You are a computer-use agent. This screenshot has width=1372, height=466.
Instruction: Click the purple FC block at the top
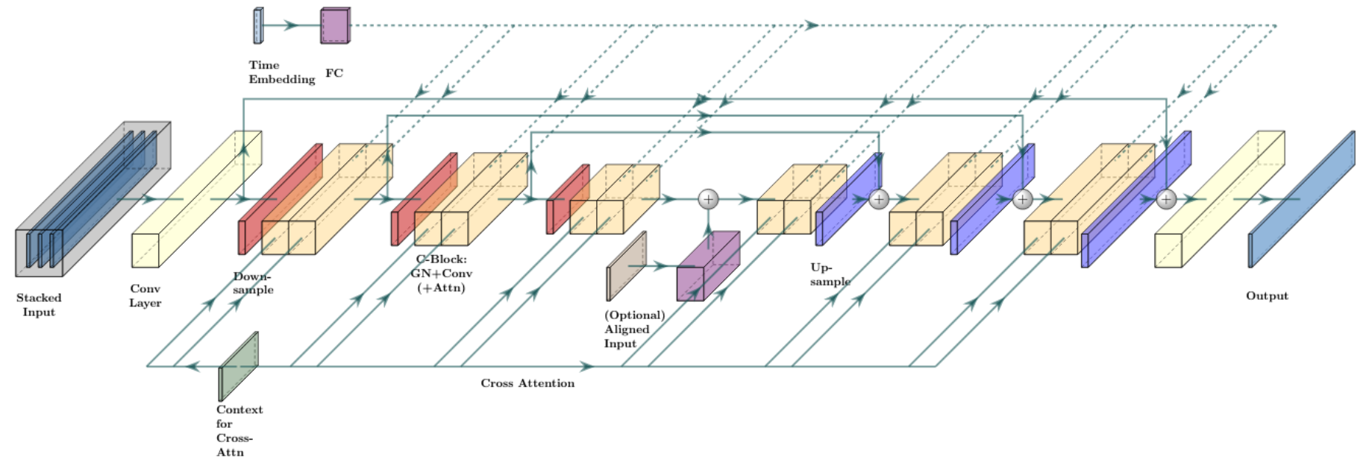[x=335, y=26]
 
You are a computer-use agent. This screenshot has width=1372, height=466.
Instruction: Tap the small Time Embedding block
[x=258, y=26]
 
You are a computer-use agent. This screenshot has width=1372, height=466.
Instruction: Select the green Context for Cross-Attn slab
[x=238, y=367]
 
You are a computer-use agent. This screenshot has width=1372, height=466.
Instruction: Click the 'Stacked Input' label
[x=39, y=305]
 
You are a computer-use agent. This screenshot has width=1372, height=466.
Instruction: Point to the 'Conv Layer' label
[x=145, y=296]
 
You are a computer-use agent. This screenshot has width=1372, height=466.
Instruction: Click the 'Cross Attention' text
[x=527, y=383]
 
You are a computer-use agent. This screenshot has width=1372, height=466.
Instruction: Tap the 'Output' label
[x=1267, y=296]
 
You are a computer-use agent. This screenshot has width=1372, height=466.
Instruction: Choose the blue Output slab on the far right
[x=1301, y=199]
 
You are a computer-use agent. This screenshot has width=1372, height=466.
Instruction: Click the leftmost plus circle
[x=708, y=199]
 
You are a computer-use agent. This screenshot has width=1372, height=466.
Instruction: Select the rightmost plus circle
[x=1166, y=199]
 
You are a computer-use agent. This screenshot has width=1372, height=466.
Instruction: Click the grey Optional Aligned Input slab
[x=626, y=266]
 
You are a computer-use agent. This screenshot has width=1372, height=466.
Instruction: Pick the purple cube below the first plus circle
[x=708, y=266]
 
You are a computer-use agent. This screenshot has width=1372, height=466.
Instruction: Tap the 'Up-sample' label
[x=830, y=274]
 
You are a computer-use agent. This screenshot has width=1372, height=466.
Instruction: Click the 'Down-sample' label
[x=253, y=283]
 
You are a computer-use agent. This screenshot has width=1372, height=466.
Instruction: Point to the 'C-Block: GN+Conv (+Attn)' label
[x=441, y=274]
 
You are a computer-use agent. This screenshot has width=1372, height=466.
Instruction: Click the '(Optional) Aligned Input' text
[x=634, y=329]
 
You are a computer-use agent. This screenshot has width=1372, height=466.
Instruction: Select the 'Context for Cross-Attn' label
[x=239, y=431]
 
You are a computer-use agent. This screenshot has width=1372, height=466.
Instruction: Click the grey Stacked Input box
[x=93, y=199]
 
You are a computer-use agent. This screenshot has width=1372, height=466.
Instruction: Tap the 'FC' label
[x=334, y=73]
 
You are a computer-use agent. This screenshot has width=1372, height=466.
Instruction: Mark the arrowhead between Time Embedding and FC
[x=292, y=25]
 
